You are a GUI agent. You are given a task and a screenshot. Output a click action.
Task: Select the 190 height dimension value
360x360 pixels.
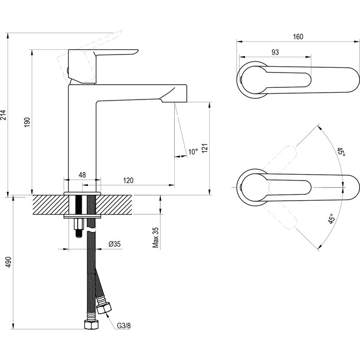tap(28, 122)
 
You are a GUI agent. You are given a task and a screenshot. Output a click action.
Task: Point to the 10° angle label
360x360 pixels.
tap(193, 152)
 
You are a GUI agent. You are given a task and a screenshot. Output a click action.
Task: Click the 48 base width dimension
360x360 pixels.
tap(83, 174)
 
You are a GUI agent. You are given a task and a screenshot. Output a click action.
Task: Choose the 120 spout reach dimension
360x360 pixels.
tap(128, 181)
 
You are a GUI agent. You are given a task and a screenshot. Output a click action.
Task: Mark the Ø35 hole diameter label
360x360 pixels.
tap(115, 244)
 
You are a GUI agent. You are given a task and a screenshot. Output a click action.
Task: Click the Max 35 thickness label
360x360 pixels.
tap(156, 237)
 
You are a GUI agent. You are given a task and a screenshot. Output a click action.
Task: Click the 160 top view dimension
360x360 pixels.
tap(298, 37)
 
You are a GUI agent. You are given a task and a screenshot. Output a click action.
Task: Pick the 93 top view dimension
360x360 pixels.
tap(275, 52)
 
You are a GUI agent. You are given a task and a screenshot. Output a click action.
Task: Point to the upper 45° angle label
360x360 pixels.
tap(341, 152)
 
